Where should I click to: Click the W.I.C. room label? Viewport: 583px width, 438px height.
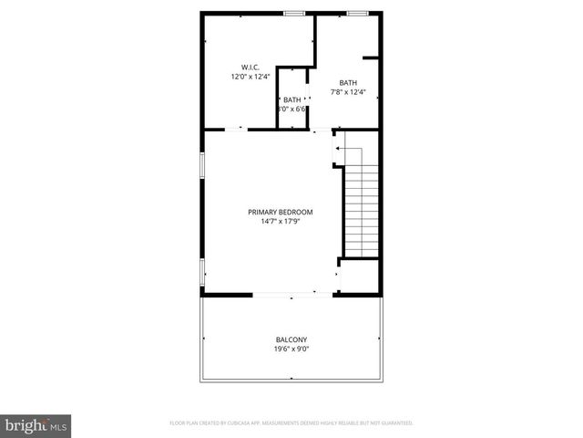point(251,68)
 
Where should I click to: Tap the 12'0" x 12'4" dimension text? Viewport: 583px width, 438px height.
point(251,78)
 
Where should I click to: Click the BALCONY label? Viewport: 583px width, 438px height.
point(291,339)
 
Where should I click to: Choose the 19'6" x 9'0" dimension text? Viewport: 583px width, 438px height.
point(291,349)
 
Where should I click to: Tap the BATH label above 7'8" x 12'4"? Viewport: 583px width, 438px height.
point(348,82)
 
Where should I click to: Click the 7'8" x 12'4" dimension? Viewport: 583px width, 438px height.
point(348,92)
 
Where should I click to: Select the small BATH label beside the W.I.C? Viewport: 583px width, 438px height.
point(291,99)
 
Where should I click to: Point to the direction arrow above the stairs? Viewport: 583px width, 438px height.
point(346,148)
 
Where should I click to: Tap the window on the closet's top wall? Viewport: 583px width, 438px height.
point(293,13)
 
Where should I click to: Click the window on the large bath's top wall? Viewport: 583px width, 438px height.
point(357,13)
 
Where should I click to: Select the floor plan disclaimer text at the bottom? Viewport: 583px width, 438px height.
point(291,423)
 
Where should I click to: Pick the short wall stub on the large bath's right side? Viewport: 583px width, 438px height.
point(371,58)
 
